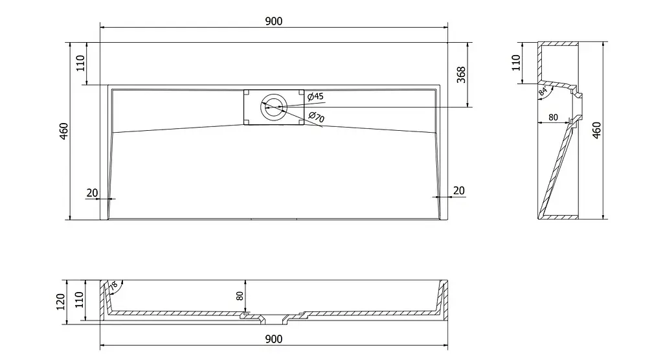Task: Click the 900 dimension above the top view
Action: pyautogui.click(x=274, y=21)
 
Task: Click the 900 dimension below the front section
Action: pyautogui.click(x=274, y=339)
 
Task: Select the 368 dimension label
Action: pyautogui.click(x=461, y=74)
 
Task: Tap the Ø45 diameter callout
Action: pyautogui.click(x=315, y=96)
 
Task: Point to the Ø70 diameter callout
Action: pyautogui.click(x=316, y=117)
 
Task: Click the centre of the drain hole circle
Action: pyautogui.click(x=274, y=107)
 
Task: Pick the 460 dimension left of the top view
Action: pyautogui.click(x=63, y=131)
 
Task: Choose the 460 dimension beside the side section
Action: pyautogui.click(x=596, y=130)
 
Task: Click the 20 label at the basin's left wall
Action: pyautogui.click(x=92, y=193)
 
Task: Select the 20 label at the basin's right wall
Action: pyautogui.click(x=459, y=191)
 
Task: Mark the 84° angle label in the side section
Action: pyautogui.click(x=543, y=91)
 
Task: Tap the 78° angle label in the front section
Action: pyautogui.click(x=113, y=286)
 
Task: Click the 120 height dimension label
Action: pyautogui.click(x=60, y=302)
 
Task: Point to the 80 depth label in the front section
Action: pyautogui.click(x=240, y=296)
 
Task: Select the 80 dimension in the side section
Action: pyautogui.click(x=553, y=117)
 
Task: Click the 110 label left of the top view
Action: pyautogui.click(x=80, y=63)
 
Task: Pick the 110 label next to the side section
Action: pyautogui.click(x=516, y=63)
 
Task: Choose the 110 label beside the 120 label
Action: pyautogui.click(x=79, y=300)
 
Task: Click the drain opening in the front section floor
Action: pyautogui.click(x=274, y=319)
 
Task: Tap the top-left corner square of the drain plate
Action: pyautogui.click(x=246, y=92)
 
